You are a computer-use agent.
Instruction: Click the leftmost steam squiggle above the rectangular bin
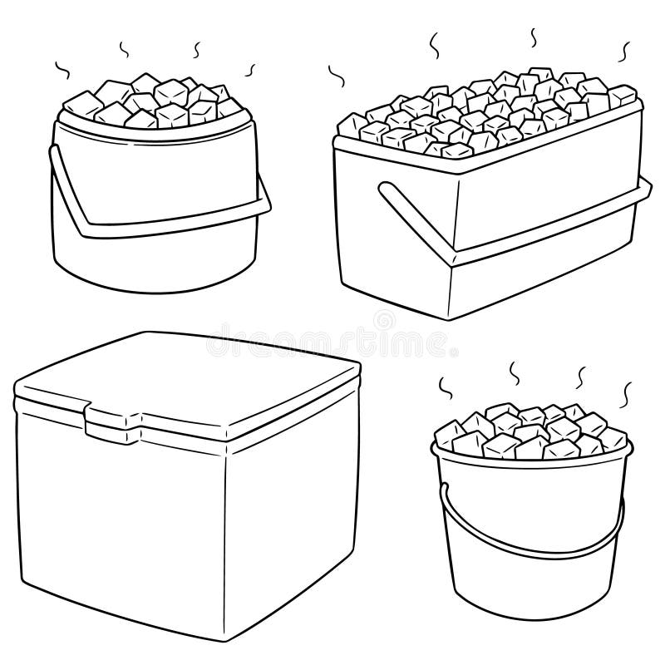coord(337,76)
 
